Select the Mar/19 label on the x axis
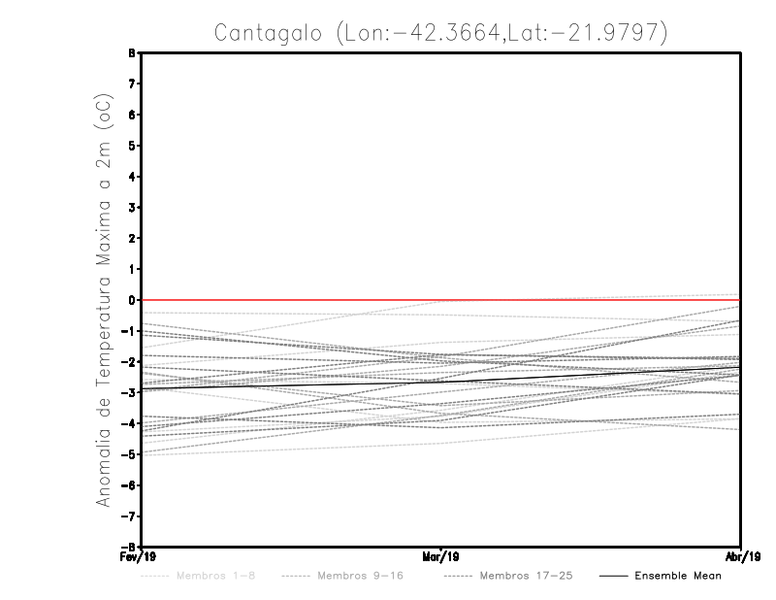[441, 557]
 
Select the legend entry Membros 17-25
[527, 576]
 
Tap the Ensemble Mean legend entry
[678, 576]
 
